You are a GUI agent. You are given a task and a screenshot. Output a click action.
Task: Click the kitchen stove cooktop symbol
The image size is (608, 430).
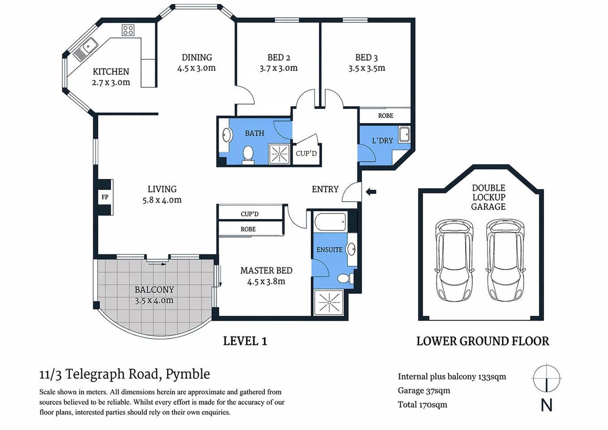[128, 30]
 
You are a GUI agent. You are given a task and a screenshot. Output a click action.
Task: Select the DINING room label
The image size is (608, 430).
[197, 57]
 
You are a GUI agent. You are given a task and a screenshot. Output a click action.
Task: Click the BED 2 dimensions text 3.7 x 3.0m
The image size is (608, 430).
[278, 68]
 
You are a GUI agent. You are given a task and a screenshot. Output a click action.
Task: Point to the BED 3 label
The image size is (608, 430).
[366, 57]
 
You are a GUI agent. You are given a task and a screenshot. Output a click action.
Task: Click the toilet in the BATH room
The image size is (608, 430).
[248, 154]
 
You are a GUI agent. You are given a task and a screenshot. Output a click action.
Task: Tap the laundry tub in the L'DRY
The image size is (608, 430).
[404, 134]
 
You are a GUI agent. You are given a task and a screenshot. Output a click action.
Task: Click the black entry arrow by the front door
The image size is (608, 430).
[371, 192]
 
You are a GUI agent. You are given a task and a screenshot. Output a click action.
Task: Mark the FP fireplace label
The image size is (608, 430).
[105, 197]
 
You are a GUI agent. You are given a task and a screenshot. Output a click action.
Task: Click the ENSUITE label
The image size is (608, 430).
[329, 250]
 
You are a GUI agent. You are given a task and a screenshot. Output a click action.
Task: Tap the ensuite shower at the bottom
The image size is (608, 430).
[329, 303]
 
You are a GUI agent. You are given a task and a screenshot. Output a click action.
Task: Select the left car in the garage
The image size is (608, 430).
[454, 260]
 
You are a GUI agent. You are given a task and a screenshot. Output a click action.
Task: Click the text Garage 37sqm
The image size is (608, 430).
[424, 391]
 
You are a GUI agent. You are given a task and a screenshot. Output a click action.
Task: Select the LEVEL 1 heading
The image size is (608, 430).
[245, 341]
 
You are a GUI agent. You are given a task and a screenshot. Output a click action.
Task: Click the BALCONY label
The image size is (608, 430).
[154, 289]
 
